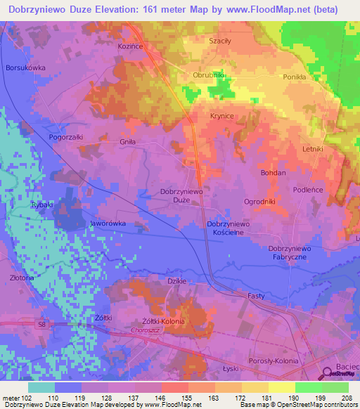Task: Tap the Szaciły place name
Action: click(220, 41)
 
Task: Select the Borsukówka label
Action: click(25, 68)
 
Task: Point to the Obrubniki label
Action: click(208, 74)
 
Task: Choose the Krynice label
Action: click(222, 115)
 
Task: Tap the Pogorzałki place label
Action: click(66, 137)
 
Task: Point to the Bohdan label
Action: click(274, 172)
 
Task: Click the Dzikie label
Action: click(176, 281)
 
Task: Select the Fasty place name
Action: click(256, 297)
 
